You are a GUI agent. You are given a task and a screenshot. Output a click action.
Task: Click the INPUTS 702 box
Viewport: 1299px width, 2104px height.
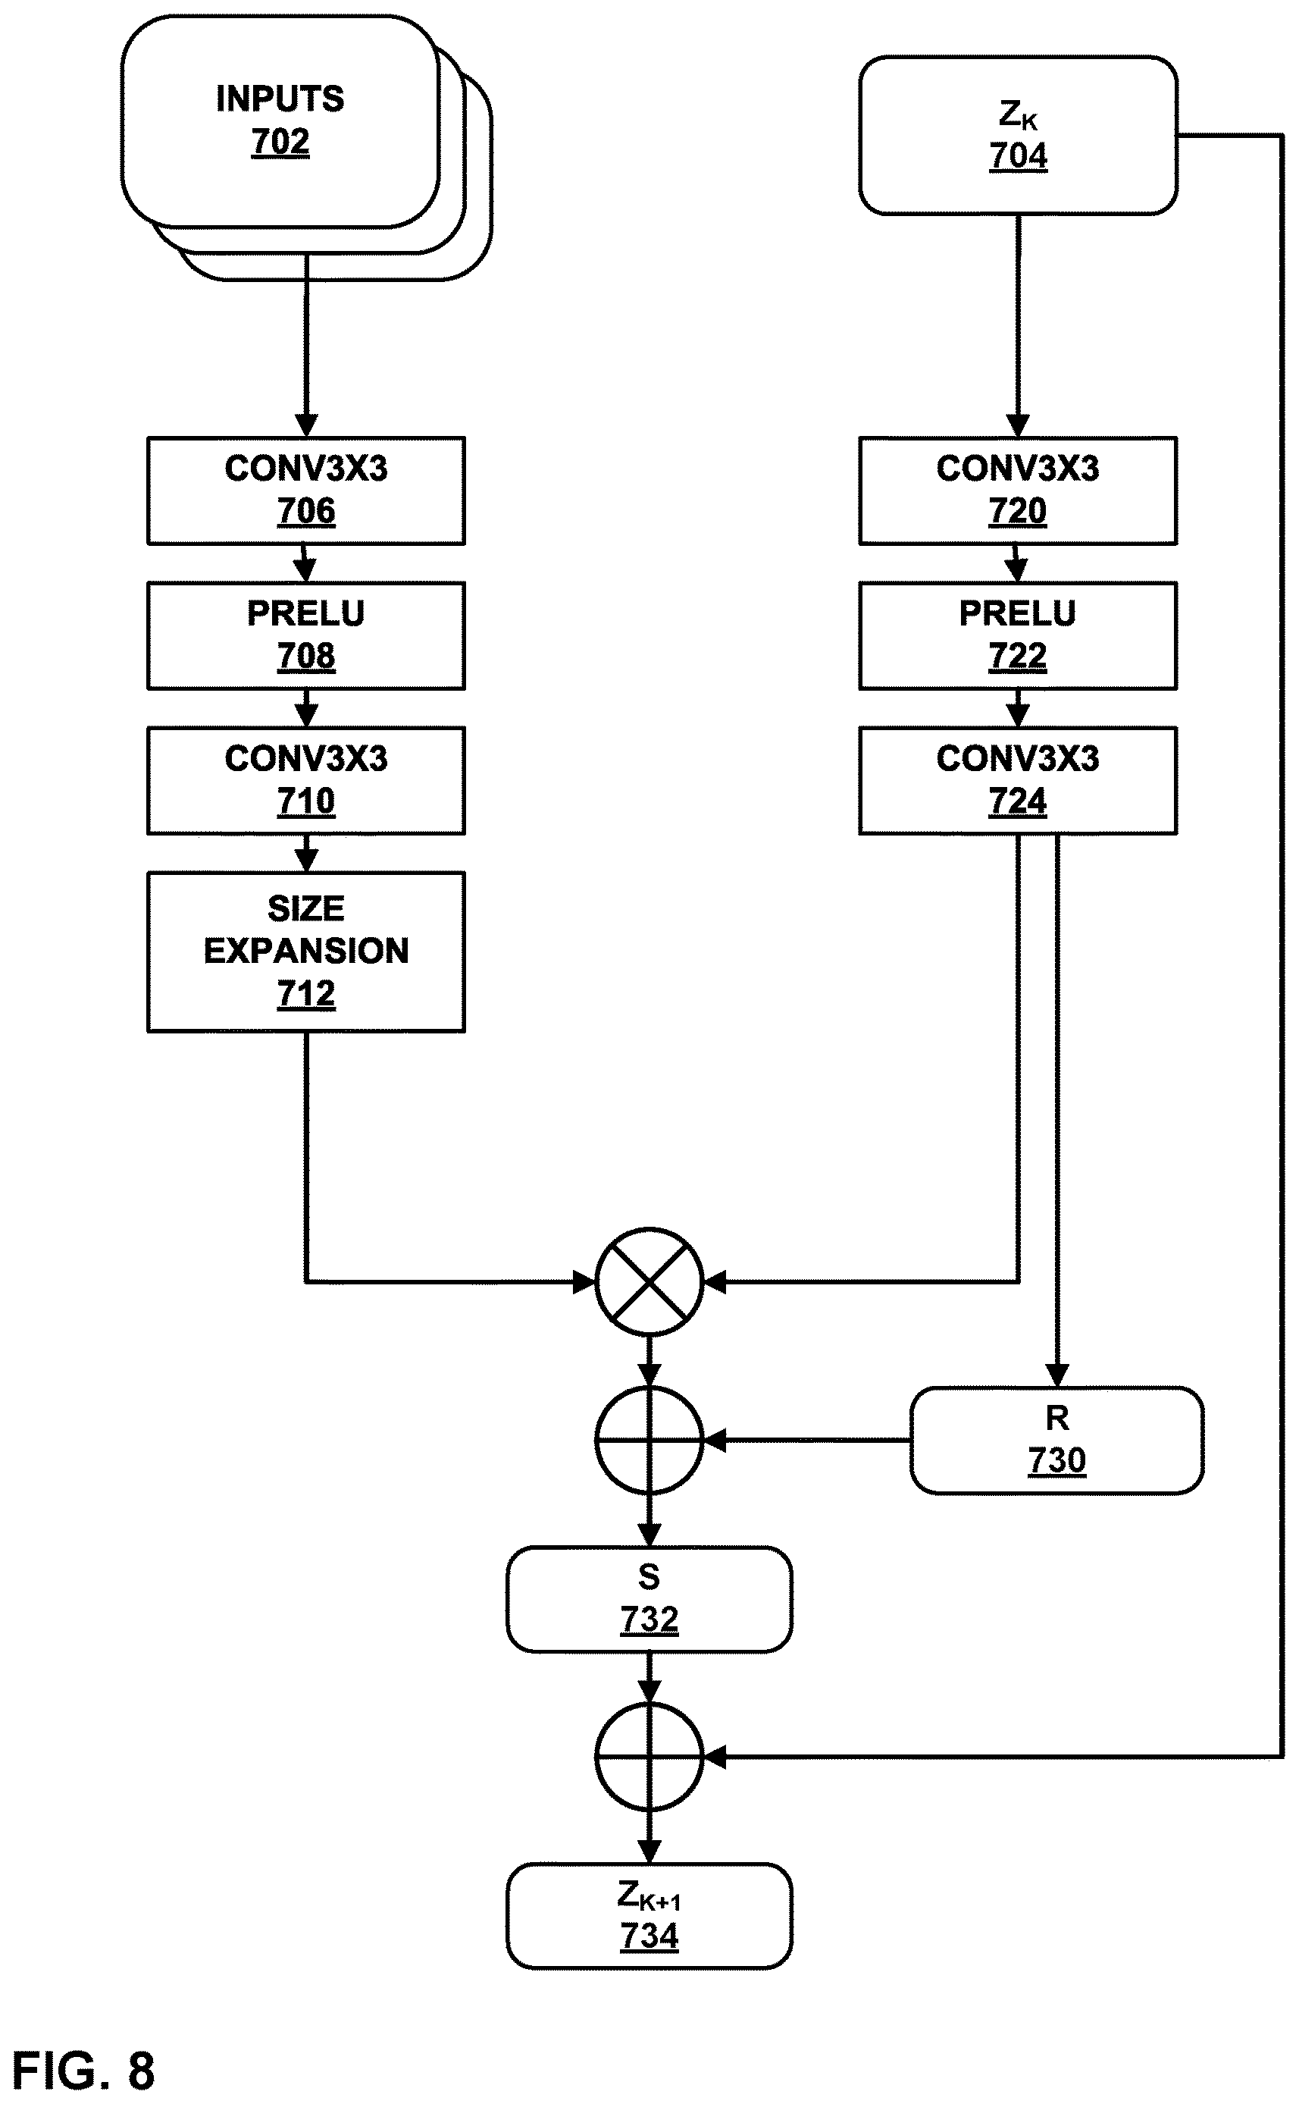(x=280, y=121)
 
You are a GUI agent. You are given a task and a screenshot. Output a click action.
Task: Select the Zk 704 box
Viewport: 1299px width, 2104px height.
(x=1018, y=135)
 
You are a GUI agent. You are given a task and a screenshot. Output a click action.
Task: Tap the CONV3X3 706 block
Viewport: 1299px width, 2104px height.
(x=306, y=491)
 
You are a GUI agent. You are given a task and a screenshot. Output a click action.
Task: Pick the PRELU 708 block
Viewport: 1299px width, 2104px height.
(x=306, y=635)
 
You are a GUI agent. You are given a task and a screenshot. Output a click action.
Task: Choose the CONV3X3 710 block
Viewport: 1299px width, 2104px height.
(x=306, y=780)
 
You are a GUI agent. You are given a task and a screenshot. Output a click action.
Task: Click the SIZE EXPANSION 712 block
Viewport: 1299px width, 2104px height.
(x=306, y=952)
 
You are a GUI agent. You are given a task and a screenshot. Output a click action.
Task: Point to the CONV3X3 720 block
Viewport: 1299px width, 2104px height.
(x=1018, y=491)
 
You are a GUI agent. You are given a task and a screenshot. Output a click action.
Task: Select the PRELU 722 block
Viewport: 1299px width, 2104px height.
(x=1018, y=635)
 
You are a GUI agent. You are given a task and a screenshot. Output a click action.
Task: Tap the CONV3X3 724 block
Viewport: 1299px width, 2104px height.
(x=1018, y=780)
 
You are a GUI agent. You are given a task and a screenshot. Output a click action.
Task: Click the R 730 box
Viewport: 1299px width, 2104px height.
(x=1056, y=1440)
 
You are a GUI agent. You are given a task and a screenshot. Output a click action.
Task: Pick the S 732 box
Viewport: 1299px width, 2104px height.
(x=649, y=1598)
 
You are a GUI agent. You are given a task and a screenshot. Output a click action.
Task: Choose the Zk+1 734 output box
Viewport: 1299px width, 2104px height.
(x=649, y=1915)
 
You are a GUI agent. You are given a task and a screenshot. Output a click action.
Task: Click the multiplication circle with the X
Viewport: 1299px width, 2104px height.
(x=649, y=1281)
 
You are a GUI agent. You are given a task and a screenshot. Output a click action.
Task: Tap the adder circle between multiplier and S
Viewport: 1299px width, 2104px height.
(x=649, y=1440)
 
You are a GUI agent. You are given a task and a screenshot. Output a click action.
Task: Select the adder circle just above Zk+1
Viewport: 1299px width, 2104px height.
(x=649, y=1757)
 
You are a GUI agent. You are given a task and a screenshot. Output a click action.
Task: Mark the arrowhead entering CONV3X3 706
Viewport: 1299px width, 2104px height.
(x=306, y=425)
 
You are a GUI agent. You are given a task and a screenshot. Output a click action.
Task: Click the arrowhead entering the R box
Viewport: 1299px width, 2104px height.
(x=1056, y=1375)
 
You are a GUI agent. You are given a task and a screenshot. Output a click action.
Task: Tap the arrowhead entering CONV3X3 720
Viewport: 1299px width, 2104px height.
(x=1018, y=425)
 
